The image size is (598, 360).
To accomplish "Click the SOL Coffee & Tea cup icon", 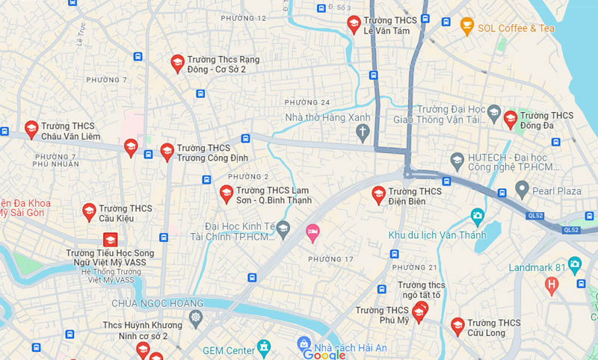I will pyautogui.click(x=467, y=27).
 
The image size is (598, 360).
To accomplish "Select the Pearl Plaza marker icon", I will pyautogui.click(x=522, y=190).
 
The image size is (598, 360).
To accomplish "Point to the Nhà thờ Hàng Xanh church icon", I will pyautogui.click(x=363, y=133).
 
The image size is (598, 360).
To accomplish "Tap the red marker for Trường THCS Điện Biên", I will pyautogui.click(x=379, y=195).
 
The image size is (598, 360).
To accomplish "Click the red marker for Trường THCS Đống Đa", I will pyautogui.click(x=510, y=120).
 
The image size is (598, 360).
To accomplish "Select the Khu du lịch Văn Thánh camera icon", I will pyautogui.click(x=477, y=217).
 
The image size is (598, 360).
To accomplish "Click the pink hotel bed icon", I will pyautogui.click(x=312, y=233).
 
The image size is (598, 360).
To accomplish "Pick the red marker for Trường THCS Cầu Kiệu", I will pyautogui.click(x=89, y=212).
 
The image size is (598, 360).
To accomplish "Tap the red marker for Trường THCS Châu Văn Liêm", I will pyautogui.click(x=31, y=129).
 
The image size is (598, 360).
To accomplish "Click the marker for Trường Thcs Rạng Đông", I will pyautogui.click(x=177, y=63).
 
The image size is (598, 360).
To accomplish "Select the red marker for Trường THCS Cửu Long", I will pyautogui.click(x=457, y=326).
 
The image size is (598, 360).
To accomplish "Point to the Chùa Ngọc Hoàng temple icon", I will pyautogui.click(x=196, y=318).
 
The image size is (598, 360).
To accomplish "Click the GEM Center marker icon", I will pyautogui.click(x=263, y=348).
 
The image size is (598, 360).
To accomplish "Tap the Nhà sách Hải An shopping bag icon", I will pyautogui.click(x=303, y=344).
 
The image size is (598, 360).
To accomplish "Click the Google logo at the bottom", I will pyautogui.click(x=324, y=354).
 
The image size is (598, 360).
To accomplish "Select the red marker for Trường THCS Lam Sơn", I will pyautogui.click(x=226, y=194).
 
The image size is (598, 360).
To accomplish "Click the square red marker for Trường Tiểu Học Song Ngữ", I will pyautogui.click(x=111, y=240).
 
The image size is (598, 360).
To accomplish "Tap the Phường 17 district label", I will pyautogui.click(x=330, y=259).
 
